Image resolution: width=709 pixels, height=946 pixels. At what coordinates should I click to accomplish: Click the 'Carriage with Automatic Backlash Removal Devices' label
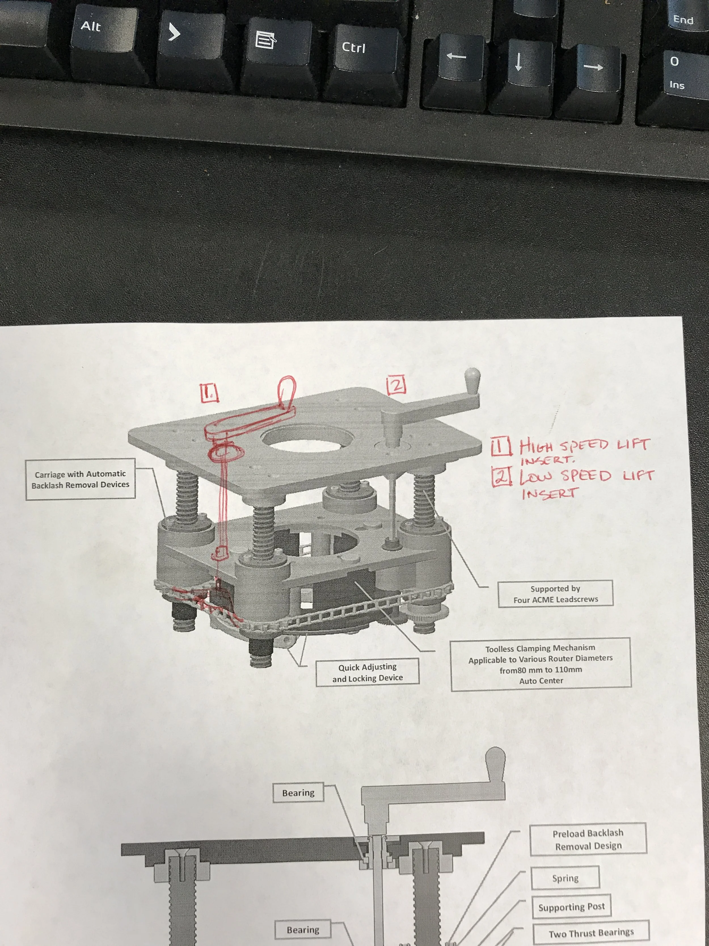pos(80,479)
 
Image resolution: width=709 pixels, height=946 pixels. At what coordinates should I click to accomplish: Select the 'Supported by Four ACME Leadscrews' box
pos(555,593)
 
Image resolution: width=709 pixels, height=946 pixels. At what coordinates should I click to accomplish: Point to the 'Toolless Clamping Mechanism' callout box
pos(541,664)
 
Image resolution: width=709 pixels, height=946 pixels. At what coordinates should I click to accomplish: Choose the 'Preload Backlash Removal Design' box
pos(588,839)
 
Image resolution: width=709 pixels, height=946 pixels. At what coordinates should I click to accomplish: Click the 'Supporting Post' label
pos(571,907)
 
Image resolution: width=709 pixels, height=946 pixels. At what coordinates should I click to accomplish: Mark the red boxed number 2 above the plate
pos(396,385)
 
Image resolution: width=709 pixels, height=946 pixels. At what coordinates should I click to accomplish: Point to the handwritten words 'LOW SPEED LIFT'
pos(586,476)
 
